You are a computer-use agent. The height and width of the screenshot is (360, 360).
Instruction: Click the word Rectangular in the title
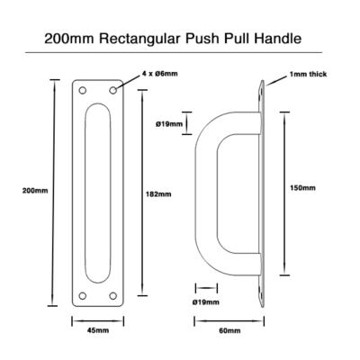coord(140,39)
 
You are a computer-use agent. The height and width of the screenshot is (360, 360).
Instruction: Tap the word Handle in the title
coord(278,39)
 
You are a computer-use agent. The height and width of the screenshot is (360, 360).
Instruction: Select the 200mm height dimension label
coord(35,191)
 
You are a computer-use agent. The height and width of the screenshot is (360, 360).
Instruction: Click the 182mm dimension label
coord(158,194)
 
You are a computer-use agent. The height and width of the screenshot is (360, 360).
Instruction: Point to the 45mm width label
coord(98,330)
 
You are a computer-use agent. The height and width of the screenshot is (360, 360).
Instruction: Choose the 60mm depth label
coord(229,330)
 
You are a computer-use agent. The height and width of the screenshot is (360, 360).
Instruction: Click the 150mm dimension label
coord(302,188)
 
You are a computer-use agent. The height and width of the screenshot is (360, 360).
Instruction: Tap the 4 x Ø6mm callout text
coord(159,74)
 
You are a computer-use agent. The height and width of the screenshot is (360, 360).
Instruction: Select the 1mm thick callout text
coord(308,74)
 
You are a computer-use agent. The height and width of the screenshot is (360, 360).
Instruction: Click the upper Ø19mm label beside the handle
coord(169,123)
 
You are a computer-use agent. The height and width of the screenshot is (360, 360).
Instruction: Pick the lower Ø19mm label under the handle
coord(205,302)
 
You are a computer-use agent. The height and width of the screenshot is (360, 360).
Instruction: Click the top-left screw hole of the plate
coord(83,90)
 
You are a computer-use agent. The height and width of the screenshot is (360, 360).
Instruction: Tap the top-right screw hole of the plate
coord(112,90)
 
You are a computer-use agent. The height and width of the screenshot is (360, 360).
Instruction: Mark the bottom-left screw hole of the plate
coord(83,296)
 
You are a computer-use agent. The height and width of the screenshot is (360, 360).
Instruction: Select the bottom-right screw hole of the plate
coord(112,296)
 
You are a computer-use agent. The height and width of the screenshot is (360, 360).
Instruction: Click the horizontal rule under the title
coord(174,53)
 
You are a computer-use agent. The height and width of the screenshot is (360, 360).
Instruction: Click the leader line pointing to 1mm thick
coord(276,81)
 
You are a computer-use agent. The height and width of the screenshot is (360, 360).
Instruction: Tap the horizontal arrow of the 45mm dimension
coord(98,321)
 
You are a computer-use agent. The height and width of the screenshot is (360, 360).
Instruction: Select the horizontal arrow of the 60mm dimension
coord(229,321)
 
